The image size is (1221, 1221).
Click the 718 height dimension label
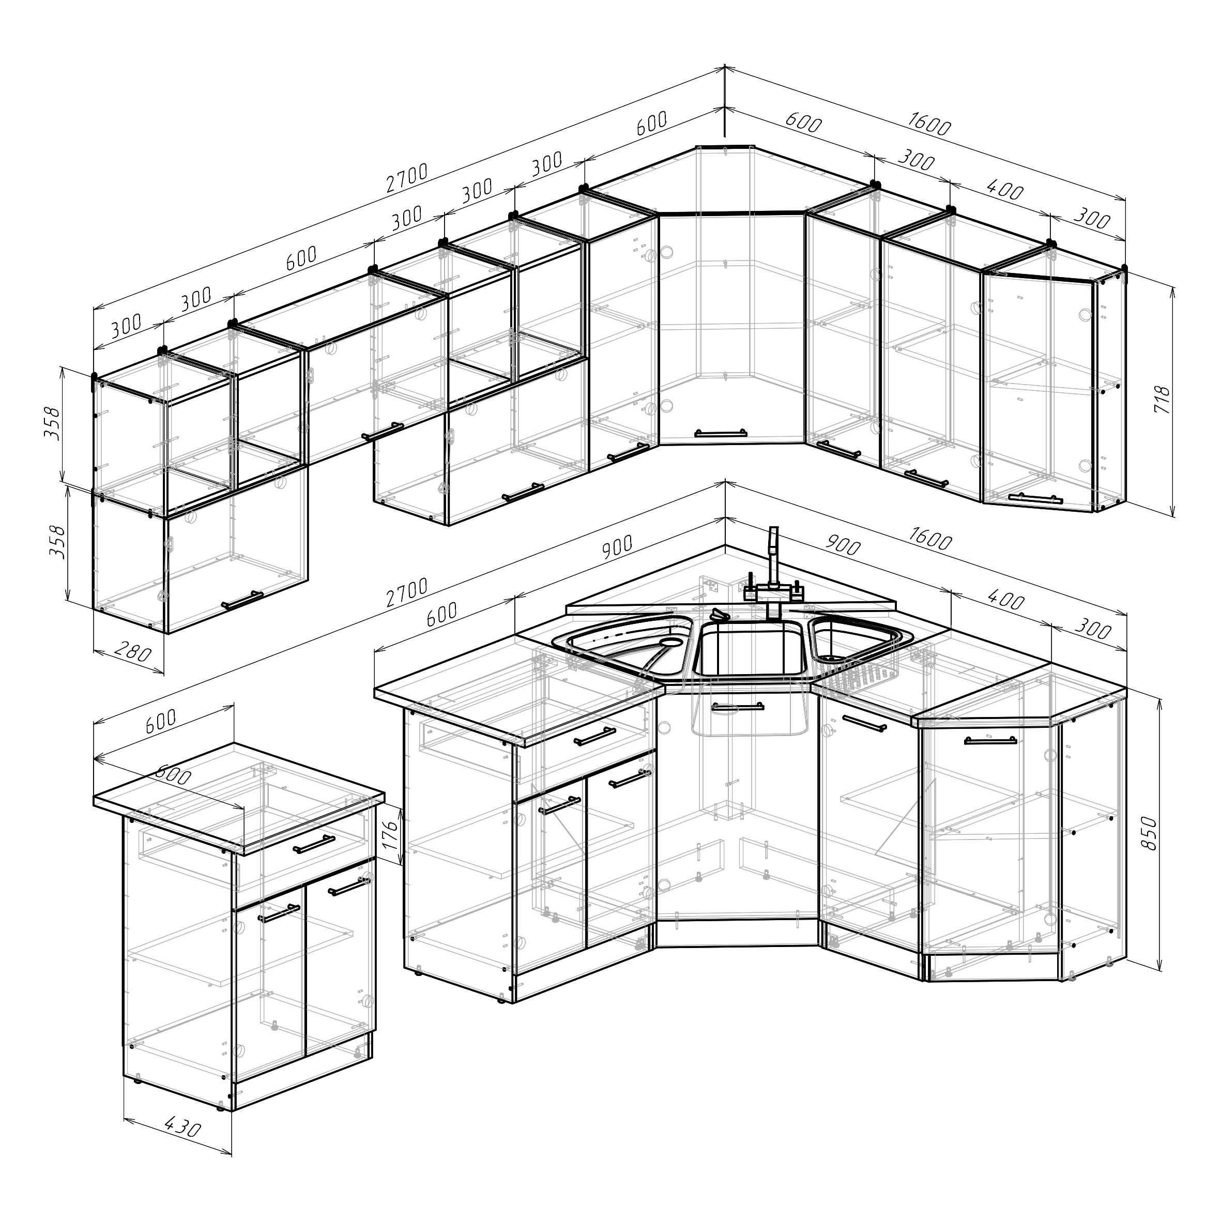[1162, 400]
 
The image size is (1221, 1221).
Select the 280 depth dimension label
[133, 651]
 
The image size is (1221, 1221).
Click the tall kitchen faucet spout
[773, 556]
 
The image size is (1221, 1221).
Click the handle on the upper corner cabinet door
[721, 434]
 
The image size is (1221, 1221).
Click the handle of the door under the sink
[738, 707]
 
